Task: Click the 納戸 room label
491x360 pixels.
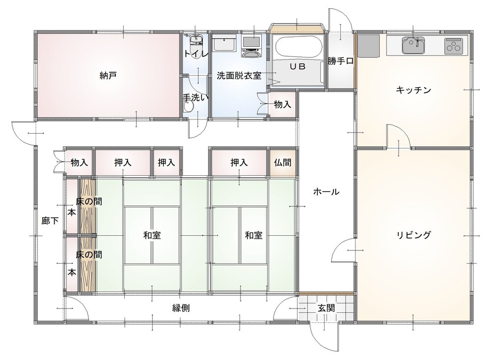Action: tap(108, 76)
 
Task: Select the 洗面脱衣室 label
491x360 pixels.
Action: tap(239, 76)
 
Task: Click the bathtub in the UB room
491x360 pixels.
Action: tap(299, 48)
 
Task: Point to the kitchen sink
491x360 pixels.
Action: tap(413, 45)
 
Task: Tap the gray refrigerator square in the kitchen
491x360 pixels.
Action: tap(368, 46)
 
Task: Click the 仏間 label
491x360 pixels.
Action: tap(282, 162)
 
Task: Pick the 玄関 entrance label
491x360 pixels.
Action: tap(327, 308)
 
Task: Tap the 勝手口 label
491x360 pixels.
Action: tap(341, 61)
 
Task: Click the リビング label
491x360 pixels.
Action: tap(414, 235)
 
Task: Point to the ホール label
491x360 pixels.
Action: tap(327, 192)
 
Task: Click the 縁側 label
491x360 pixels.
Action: tap(181, 308)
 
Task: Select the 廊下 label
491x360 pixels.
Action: tap(50, 221)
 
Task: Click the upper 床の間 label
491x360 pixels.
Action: tap(89, 201)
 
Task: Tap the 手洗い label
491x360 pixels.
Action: tap(196, 97)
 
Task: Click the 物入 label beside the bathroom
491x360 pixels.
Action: tap(282, 105)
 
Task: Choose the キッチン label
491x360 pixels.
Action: tap(413, 90)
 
